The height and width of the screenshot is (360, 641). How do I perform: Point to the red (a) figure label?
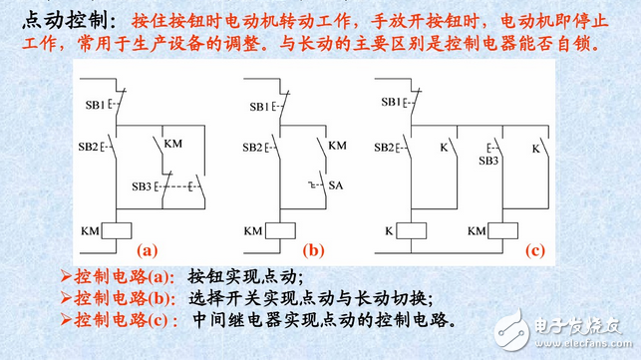click(x=148, y=251)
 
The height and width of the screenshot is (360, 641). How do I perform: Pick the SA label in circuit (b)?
click(x=338, y=186)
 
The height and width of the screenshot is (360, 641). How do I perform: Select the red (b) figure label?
click(x=315, y=251)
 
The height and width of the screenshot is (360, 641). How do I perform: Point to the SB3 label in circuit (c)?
click(x=488, y=161)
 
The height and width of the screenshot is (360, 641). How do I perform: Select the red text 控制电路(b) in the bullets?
click(x=118, y=298)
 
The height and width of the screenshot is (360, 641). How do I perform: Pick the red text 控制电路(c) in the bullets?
click(x=118, y=320)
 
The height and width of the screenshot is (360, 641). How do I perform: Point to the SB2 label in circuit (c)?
click(x=384, y=147)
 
